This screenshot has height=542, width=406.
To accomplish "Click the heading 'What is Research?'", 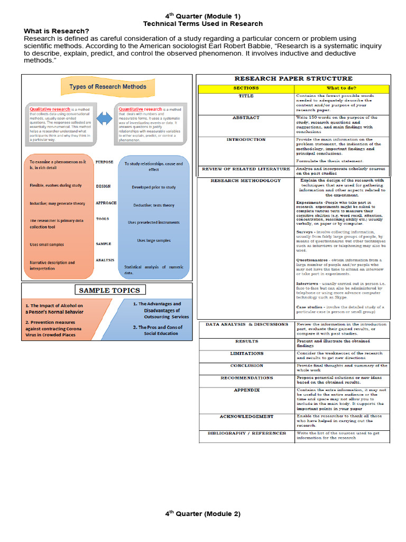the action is tap(57, 31).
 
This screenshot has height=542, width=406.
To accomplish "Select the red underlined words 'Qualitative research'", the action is tap(50, 109).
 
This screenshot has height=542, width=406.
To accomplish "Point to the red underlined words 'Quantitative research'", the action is tap(140, 109).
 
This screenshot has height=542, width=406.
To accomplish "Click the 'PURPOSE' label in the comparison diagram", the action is tap(105, 162).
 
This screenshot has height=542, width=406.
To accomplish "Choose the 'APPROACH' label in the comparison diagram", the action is tap(106, 203).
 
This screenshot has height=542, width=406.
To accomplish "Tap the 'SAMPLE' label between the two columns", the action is tap(104, 244).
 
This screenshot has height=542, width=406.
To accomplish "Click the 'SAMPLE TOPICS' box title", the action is tap(109, 290).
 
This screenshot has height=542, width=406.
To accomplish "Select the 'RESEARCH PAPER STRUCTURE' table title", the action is tap(293, 78).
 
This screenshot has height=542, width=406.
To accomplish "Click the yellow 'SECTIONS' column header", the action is tap(246, 88).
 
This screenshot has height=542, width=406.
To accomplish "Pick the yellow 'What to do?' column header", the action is tap(341, 88).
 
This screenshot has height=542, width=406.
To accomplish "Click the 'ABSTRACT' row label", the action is tap(246, 118).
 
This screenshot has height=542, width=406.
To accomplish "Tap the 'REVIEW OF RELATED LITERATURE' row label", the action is tap(246, 169).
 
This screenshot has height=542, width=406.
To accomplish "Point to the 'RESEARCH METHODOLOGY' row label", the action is tap(246, 180).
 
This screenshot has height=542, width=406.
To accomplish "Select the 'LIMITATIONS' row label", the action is tap(246, 353).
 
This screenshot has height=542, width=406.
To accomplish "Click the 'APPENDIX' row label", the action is tap(246, 390).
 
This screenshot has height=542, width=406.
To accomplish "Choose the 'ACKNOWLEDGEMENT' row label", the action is tap(246, 417).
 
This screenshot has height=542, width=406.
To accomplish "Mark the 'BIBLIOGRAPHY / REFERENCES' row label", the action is tap(246, 433).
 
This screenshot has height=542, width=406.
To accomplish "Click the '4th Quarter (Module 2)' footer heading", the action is tap(202, 514).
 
